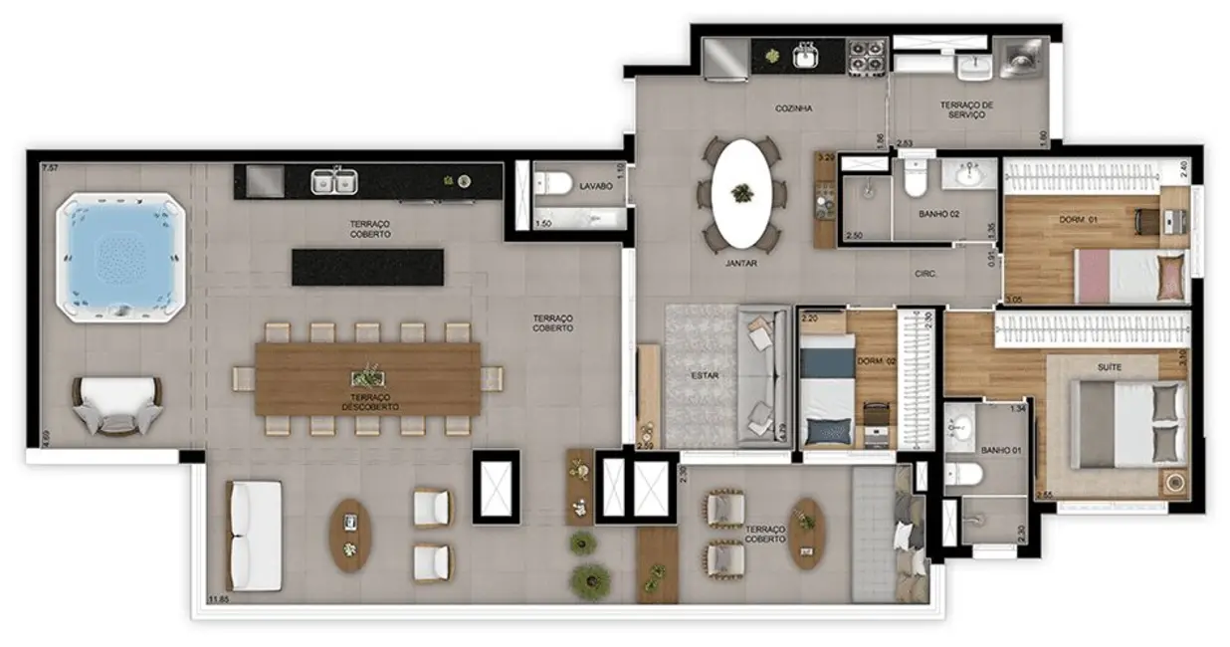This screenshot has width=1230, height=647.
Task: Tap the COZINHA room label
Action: click(x=795, y=108)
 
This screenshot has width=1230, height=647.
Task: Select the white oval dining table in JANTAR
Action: click(x=741, y=192)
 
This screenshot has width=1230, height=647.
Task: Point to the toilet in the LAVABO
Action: click(x=552, y=183)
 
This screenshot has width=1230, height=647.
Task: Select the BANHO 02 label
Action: click(x=937, y=214)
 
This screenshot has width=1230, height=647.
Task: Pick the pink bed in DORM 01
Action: click(x=1129, y=275)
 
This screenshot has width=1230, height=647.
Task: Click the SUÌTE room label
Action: click(x=1110, y=367)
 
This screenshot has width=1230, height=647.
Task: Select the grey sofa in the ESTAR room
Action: click(x=764, y=375)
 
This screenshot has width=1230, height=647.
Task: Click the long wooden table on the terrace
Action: click(x=368, y=379)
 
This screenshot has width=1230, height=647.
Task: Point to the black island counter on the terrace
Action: click(x=367, y=267)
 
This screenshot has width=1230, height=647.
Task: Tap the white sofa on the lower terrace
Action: click(x=256, y=536)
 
